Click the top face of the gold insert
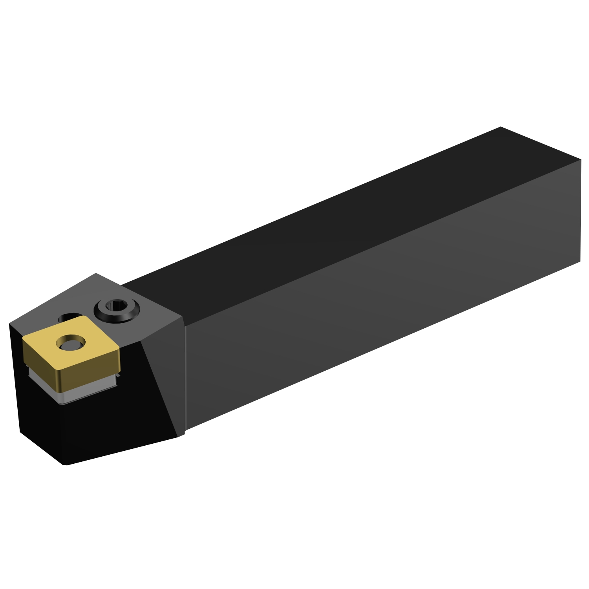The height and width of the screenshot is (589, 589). coord(90,349)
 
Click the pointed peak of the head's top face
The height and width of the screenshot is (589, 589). coord(96,274)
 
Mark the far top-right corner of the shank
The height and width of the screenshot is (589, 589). coord(580,160)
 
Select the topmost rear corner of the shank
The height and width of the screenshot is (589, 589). coord(501,127)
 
